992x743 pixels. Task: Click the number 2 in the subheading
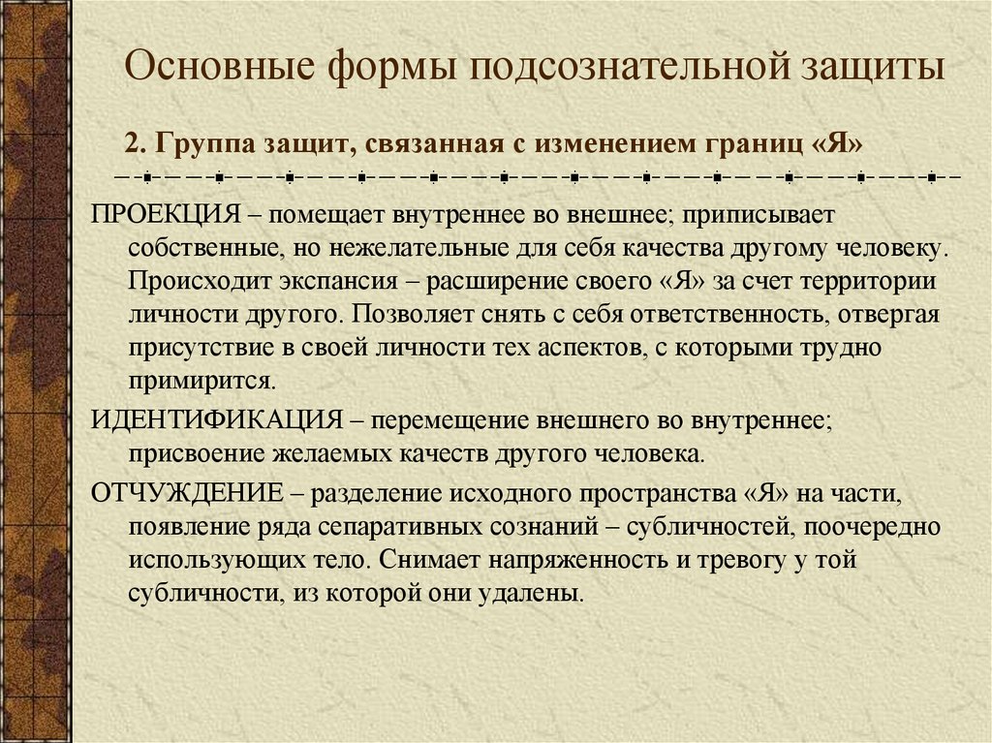132,143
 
